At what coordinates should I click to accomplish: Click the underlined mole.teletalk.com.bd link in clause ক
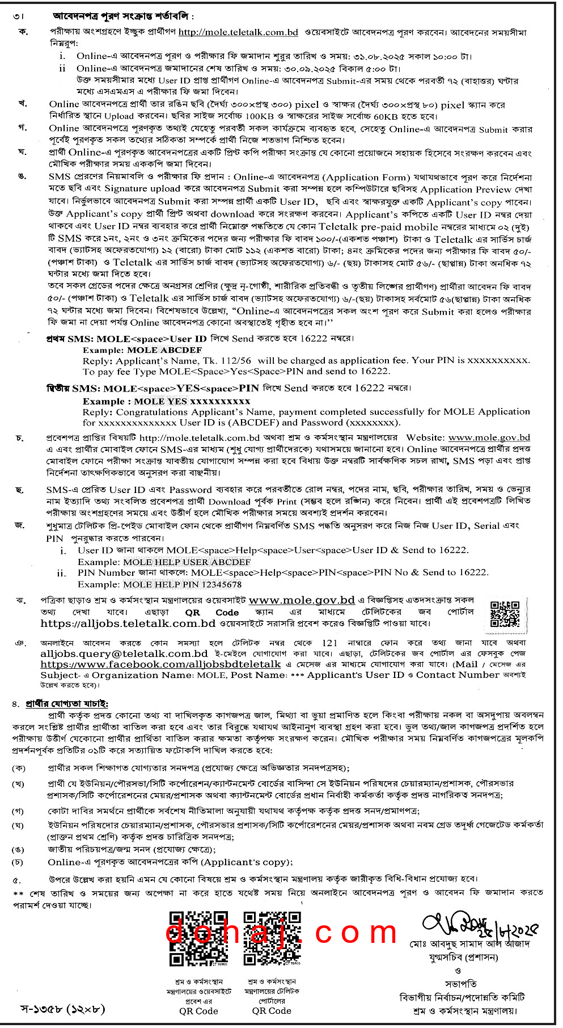pos(238,32)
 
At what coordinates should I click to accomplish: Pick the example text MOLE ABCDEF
pos(164,350)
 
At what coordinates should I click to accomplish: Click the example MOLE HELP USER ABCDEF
pos(187,562)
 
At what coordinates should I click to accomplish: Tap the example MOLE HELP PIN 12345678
pos(182,584)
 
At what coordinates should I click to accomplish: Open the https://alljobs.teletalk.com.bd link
pos(128,623)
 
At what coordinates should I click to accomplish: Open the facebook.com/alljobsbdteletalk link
pos(160,664)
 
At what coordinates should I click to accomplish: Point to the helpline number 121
pos(329,643)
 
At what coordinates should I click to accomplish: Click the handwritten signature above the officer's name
pos(476,927)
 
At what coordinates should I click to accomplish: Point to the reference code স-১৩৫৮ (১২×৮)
pos(63,1009)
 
